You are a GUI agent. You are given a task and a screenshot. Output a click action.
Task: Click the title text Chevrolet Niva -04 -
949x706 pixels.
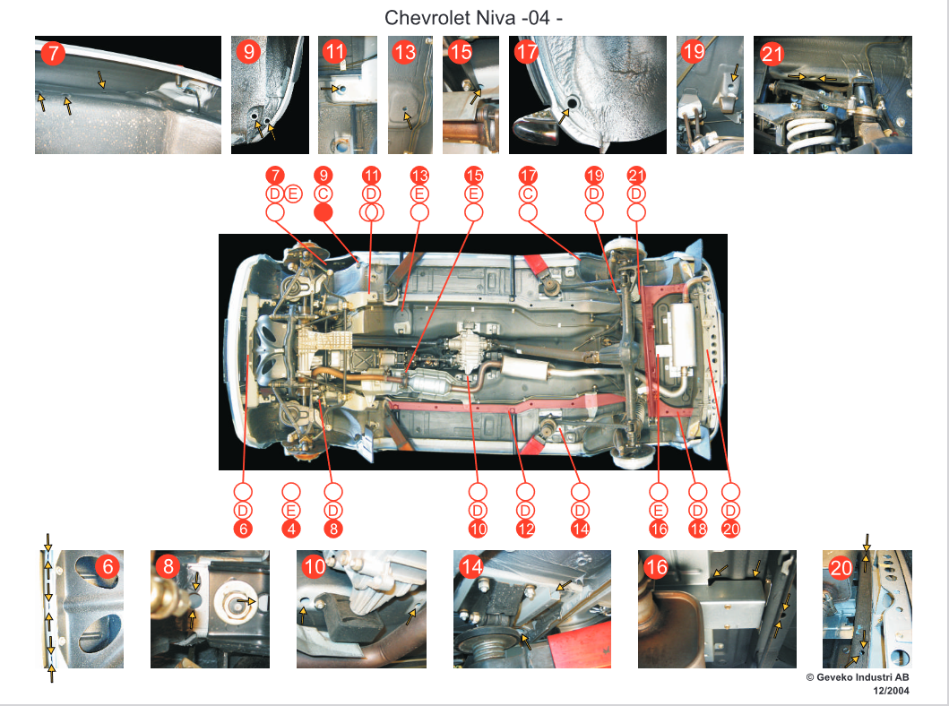473,18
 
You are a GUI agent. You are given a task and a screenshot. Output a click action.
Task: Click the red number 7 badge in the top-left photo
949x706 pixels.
53,53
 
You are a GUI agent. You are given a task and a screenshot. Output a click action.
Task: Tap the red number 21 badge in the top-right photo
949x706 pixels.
772,55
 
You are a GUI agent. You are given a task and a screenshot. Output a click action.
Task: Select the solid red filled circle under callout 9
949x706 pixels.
324,212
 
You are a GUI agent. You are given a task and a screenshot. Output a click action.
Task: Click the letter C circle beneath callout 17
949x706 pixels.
528,194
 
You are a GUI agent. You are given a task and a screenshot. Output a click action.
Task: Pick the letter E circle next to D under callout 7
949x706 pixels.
293,194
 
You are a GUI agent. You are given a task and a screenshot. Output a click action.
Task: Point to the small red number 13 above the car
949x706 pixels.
419,176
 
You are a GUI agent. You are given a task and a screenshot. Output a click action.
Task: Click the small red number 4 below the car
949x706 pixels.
291,529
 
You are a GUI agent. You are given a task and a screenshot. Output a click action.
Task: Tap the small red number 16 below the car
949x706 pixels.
659,529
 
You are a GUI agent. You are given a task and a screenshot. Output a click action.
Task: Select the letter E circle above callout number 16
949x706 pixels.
659,510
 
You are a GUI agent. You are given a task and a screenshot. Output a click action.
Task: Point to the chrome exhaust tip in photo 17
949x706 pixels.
536,125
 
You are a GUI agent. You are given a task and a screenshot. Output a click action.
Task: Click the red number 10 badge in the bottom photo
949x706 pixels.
315,567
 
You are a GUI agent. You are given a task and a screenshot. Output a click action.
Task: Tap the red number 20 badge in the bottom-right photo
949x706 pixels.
841,567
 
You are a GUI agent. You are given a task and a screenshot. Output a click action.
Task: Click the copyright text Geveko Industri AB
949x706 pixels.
862,677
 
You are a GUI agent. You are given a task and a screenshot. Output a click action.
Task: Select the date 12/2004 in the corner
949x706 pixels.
891,690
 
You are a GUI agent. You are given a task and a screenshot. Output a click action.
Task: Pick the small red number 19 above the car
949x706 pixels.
594,176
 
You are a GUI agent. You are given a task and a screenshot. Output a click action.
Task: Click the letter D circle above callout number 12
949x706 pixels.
525,510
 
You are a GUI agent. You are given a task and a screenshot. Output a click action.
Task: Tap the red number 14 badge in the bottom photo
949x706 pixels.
471,567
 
